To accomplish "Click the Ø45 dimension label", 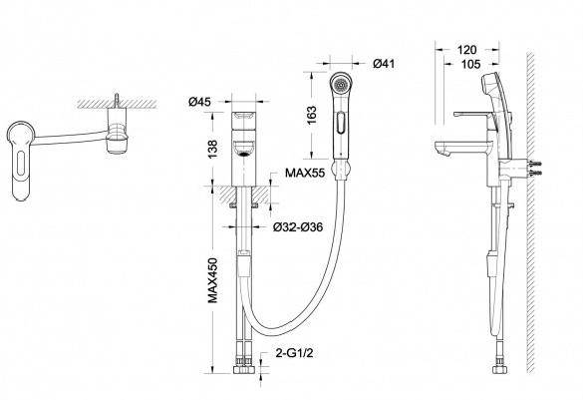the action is [x=199, y=102].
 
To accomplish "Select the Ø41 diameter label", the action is [x=384, y=64].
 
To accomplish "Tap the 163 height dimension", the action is [x=312, y=115].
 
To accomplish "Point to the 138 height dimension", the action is [x=212, y=150].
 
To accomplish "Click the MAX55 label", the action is [x=305, y=173].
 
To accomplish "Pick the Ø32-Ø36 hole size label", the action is [x=298, y=226].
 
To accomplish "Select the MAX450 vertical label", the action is [x=212, y=280].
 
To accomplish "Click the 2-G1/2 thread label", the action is [x=294, y=352].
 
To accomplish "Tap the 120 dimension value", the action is [x=467, y=50].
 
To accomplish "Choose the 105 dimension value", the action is [x=470, y=64].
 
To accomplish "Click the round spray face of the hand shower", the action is [x=341, y=85].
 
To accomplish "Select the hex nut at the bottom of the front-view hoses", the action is [x=243, y=370].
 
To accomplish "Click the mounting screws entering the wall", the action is [x=534, y=168].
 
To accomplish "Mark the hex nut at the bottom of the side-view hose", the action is [x=500, y=370].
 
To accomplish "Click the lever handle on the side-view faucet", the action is [x=473, y=115].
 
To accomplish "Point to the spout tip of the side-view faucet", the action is [x=443, y=151].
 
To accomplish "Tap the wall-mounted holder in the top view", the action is [x=118, y=131].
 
